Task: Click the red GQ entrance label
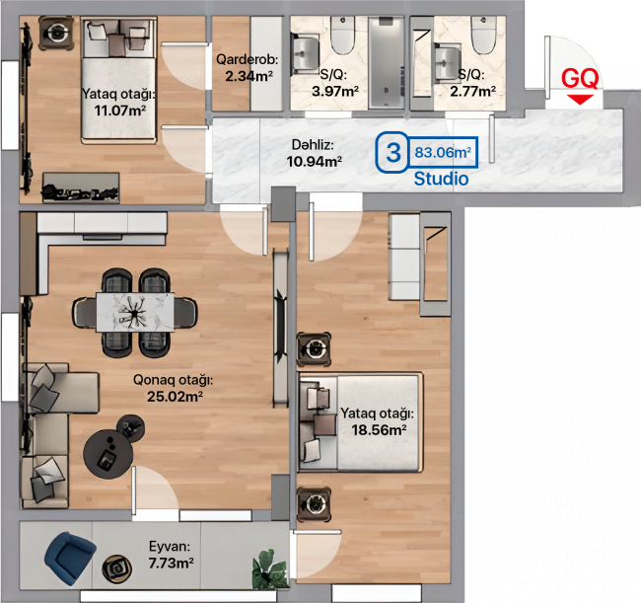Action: tap(580, 78)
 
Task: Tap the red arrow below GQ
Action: tap(580, 100)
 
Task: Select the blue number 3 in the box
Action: tap(393, 152)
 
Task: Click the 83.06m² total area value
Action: tap(443, 152)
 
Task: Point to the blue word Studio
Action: tap(441, 179)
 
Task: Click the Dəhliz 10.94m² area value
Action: tap(314, 162)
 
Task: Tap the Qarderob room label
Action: tap(247, 60)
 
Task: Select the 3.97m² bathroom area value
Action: tap(335, 91)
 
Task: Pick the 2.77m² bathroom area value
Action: tap(473, 91)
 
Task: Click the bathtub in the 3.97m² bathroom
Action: tap(386, 63)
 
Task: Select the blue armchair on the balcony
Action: tap(69, 558)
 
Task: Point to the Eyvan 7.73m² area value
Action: tap(171, 564)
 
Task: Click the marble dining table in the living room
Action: tap(135, 312)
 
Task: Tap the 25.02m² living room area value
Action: tap(175, 397)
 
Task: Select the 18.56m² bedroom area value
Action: tap(379, 430)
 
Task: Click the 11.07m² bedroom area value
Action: tap(120, 111)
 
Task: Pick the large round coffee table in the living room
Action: tap(107, 453)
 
